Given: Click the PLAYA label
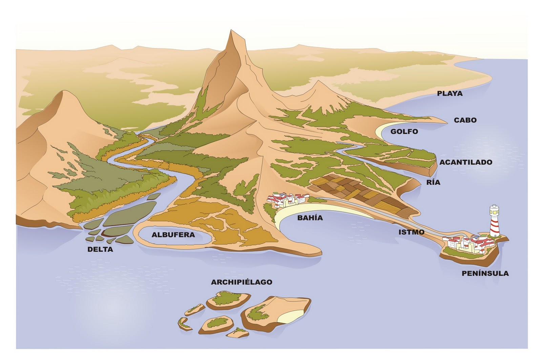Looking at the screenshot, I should [450, 93].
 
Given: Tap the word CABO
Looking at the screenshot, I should [465, 120].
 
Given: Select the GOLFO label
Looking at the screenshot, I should [404, 132].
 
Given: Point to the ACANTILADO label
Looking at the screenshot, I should [466, 162].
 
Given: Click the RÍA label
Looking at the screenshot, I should [433, 182].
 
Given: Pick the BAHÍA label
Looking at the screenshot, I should [310, 218].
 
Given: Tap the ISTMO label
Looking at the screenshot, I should [411, 232].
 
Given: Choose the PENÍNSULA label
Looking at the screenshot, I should [485, 273].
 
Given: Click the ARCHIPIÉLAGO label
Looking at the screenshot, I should [242, 282].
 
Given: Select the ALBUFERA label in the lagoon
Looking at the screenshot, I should [173, 235].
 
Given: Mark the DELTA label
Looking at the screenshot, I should [100, 250].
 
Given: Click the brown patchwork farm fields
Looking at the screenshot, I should [359, 193].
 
